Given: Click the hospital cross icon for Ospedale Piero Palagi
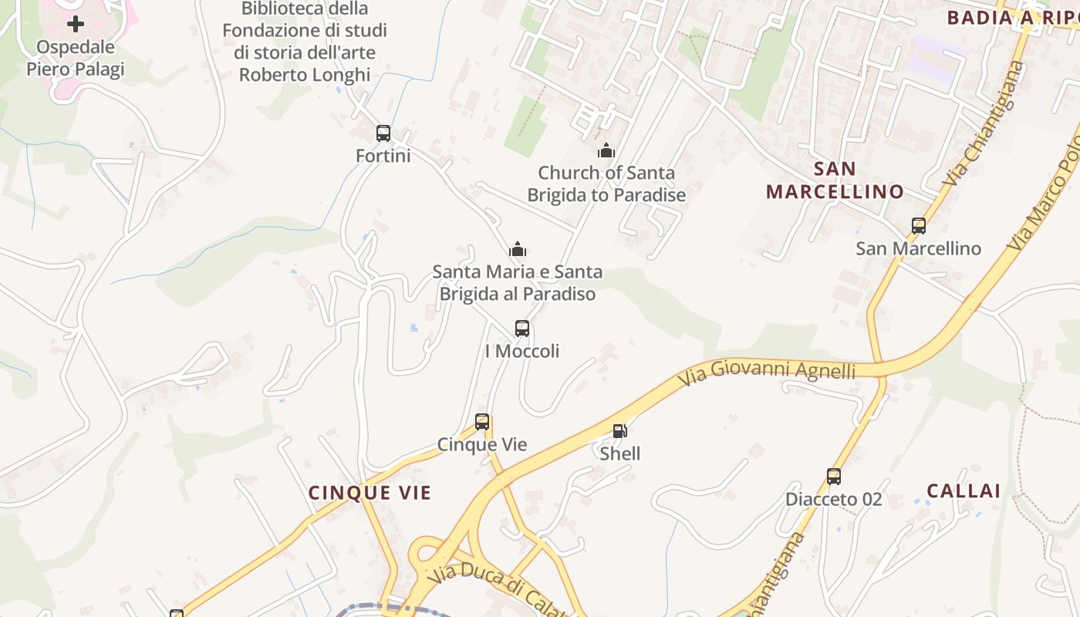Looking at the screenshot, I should pyautogui.click(x=75, y=24).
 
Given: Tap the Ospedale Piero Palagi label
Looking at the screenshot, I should pyautogui.click(x=75, y=59).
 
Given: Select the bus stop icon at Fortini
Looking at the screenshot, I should pyautogui.click(x=383, y=133).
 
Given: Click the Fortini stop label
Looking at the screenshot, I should pyautogui.click(x=383, y=156).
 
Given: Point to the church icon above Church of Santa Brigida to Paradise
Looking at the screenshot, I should pyautogui.click(x=606, y=150).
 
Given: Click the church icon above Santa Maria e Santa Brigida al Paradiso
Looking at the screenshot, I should pyautogui.click(x=518, y=249).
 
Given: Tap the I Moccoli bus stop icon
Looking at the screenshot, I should pyautogui.click(x=522, y=329).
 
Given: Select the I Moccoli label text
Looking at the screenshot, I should pyautogui.click(x=522, y=351).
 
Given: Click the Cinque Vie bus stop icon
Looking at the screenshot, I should pyautogui.click(x=482, y=422).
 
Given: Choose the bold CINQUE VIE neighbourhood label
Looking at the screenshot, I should pyautogui.click(x=370, y=493).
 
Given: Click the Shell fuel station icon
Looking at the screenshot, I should pyautogui.click(x=619, y=431).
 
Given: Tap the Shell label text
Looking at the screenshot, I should pyautogui.click(x=620, y=453).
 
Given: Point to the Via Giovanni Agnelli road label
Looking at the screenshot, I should pyautogui.click(x=767, y=376).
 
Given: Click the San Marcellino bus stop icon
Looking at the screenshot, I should pyautogui.click(x=918, y=226).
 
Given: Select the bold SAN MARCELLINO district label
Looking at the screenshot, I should pyautogui.click(x=835, y=180).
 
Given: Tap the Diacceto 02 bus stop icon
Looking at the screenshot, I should pyautogui.click(x=834, y=477).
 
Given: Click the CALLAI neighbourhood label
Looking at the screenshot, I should pyautogui.click(x=964, y=491).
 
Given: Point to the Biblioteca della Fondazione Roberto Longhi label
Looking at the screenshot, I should pyautogui.click(x=305, y=42).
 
